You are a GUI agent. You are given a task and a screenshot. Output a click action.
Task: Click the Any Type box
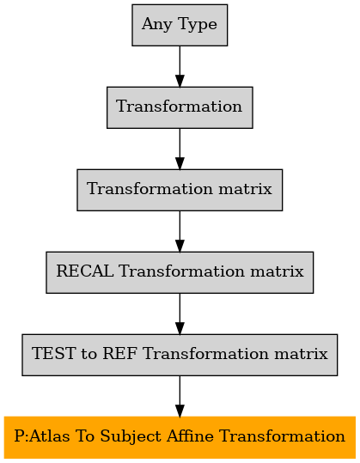(180, 25)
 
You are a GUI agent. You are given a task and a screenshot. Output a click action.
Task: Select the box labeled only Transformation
(180, 107)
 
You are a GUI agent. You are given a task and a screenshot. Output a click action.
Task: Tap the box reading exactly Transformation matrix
(180, 190)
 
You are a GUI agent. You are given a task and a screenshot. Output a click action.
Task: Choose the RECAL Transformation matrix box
(180, 272)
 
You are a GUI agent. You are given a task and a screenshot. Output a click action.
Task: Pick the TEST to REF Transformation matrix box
(180, 355)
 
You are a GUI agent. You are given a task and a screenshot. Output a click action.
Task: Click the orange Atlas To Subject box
(180, 437)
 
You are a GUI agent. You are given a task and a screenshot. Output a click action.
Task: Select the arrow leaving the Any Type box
(180, 66)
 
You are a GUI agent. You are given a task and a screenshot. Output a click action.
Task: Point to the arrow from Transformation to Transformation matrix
(180, 149)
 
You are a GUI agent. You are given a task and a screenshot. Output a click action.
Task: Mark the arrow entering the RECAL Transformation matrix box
(180, 231)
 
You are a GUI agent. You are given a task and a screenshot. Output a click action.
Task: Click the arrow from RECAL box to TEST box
(180, 314)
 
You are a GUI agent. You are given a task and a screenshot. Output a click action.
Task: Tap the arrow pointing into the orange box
(180, 396)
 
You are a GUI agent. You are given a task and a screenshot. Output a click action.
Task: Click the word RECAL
(85, 271)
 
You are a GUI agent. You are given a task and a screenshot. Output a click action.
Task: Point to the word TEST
(53, 353)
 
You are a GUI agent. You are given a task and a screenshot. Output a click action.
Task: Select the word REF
(119, 353)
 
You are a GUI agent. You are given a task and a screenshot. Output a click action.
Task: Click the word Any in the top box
(156, 25)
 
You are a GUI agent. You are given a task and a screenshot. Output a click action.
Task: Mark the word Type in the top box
(198, 25)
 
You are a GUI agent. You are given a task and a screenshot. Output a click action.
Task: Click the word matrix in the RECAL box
(277, 271)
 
